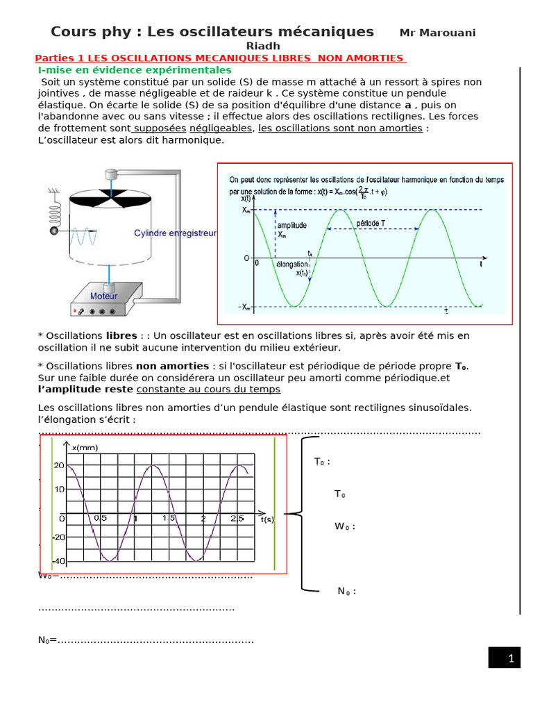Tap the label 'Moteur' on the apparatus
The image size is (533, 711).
(x=104, y=296)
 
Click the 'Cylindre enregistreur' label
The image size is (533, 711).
(x=175, y=234)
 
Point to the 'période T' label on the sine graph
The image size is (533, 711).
(x=373, y=224)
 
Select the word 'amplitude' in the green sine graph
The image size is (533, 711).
(x=291, y=226)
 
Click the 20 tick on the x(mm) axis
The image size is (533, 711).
(x=59, y=465)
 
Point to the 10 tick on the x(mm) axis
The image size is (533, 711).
(x=60, y=490)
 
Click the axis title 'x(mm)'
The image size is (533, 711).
(x=85, y=448)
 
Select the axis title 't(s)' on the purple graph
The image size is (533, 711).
(x=267, y=519)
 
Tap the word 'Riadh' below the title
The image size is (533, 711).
(x=264, y=46)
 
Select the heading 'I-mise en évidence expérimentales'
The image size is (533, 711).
(x=135, y=70)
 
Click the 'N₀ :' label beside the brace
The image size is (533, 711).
(x=347, y=592)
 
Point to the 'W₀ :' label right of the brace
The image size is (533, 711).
(x=345, y=526)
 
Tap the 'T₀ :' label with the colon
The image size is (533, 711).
(x=322, y=462)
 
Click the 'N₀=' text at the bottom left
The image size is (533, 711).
(x=47, y=640)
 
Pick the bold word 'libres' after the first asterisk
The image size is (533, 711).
(x=121, y=336)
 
